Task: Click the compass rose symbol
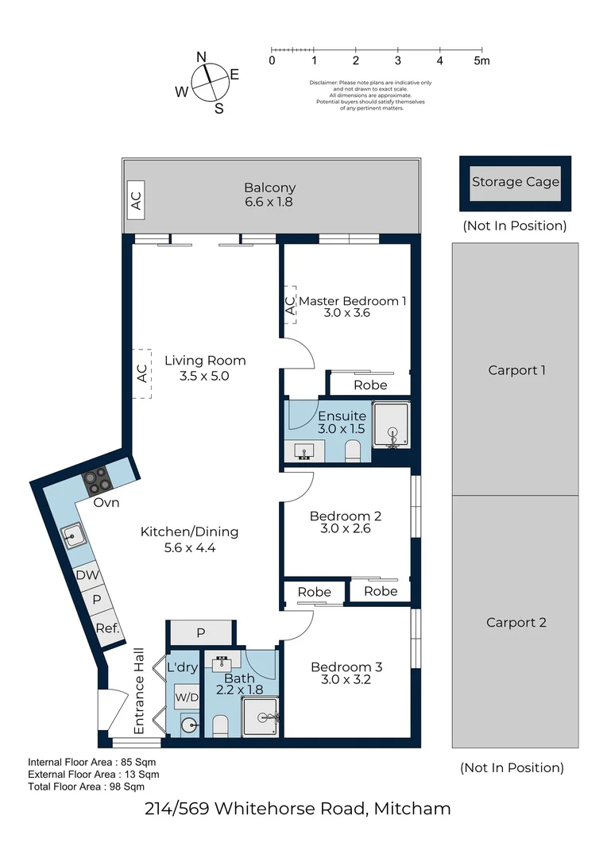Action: tap(211, 82)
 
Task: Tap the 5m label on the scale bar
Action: tap(481, 60)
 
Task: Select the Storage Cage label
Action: tap(516, 182)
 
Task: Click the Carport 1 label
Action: tap(516, 370)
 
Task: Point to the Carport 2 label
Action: tap(516, 623)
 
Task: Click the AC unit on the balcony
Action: tap(136, 200)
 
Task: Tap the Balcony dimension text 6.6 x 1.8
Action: tap(269, 202)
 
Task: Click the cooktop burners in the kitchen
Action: tap(96, 481)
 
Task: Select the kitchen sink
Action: tap(73, 536)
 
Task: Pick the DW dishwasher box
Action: tap(87, 574)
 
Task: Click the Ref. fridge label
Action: tap(107, 628)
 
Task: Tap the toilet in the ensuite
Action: tap(353, 451)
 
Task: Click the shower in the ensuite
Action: tap(391, 425)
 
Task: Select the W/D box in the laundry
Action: tap(187, 698)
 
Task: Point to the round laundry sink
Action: tap(189, 725)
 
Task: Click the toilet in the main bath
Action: tap(220, 725)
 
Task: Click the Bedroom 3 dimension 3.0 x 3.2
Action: tap(346, 679)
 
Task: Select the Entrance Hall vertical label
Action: tap(139, 691)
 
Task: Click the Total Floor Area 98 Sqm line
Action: tap(87, 786)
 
